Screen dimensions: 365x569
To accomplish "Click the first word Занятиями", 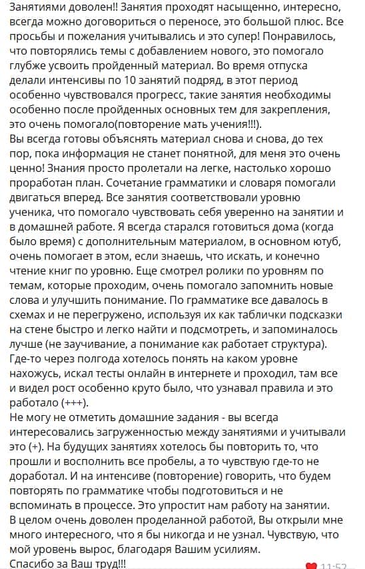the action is pos(34,9).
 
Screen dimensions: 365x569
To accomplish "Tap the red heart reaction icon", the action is pos(311,566).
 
